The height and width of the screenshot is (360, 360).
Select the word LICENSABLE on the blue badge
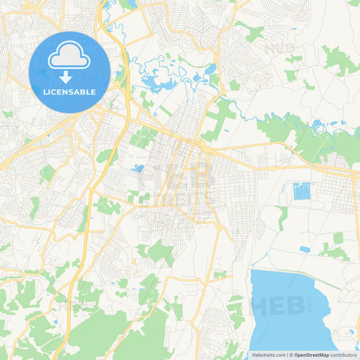point(70,92)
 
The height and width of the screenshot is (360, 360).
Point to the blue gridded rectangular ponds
point(301,191)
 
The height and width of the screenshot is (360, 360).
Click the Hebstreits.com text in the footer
point(268,355)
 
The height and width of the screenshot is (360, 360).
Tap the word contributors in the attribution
point(344,355)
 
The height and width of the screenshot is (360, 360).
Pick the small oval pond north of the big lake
point(305,249)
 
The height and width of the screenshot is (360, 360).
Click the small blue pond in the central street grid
point(139,168)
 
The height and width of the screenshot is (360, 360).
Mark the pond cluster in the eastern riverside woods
point(318,124)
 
